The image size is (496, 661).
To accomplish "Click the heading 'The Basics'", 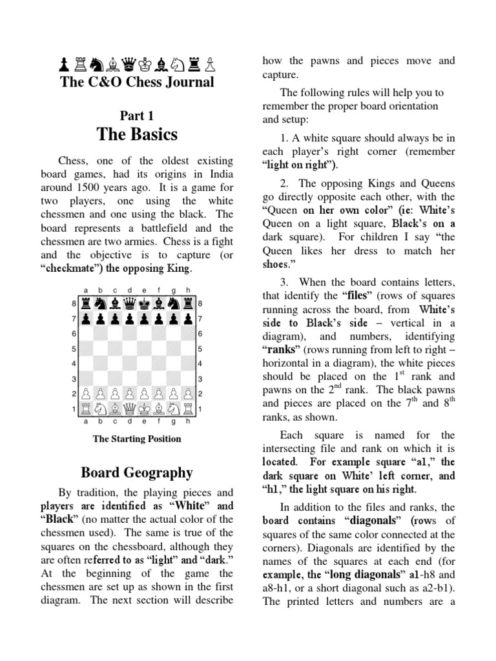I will point(136,134).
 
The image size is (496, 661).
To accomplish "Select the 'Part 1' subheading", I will point(136,115).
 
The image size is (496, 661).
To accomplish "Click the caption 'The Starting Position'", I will point(137,439).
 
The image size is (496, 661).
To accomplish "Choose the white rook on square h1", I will point(188,409).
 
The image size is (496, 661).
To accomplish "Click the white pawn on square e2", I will point(144,394).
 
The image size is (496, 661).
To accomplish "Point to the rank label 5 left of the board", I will point(74,349).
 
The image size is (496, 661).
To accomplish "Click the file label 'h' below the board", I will point(188,422).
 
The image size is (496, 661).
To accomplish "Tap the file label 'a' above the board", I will point(85,290).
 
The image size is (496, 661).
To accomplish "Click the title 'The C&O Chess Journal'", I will point(136,82).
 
